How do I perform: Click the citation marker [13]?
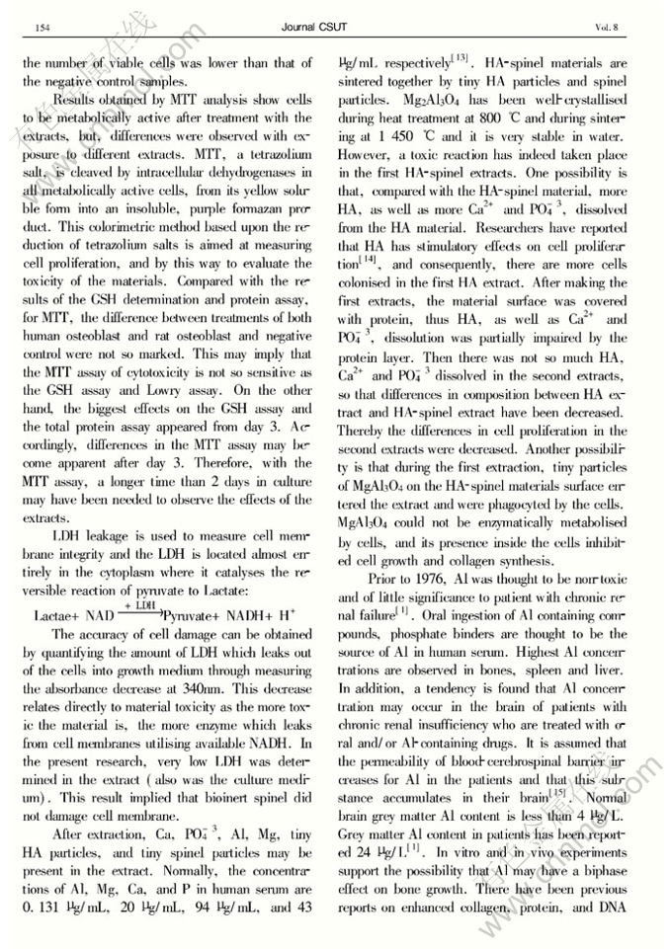459,60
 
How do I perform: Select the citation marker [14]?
372,261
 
